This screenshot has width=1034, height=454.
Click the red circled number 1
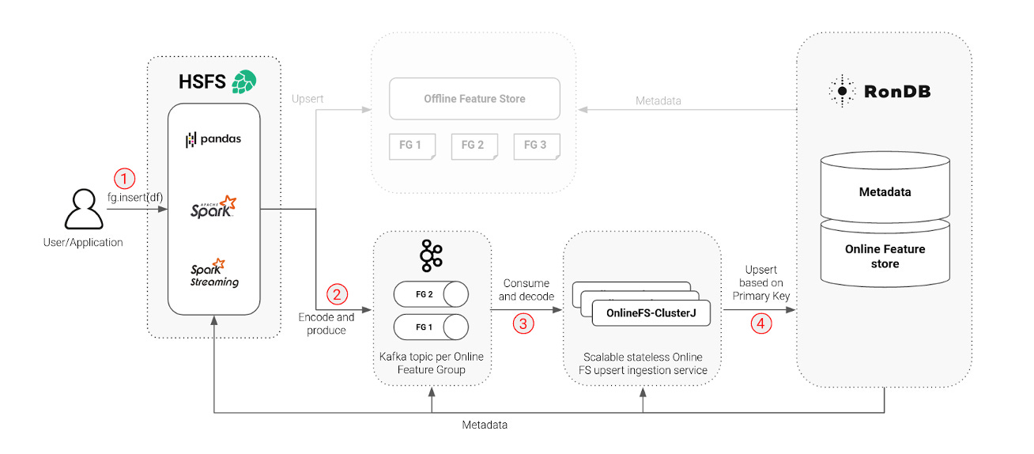click(x=124, y=176)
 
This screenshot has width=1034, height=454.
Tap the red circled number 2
click(x=337, y=295)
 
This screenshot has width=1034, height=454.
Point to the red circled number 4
click(x=760, y=323)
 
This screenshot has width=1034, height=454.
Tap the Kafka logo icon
click(x=431, y=255)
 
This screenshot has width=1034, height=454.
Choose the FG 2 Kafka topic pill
click(x=431, y=295)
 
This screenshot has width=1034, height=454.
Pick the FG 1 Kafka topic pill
click(x=431, y=326)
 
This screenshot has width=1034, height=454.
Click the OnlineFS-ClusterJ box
click(x=650, y=313)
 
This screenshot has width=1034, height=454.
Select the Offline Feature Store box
click(x=474, y=99)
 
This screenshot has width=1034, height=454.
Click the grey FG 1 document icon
click(x=411, y=146)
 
